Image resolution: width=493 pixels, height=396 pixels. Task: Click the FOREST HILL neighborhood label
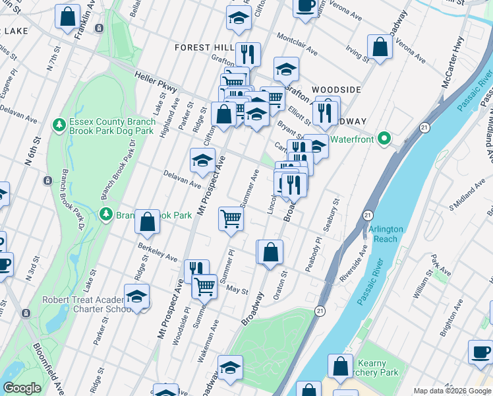pos(204,48)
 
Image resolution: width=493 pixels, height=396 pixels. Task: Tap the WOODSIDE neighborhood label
pos(336,89)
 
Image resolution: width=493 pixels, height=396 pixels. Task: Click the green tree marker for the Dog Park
pos(59,125)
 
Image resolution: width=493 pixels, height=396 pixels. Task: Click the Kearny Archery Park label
pos(378,368)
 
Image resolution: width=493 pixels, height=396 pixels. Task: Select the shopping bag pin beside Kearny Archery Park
pos(340,368)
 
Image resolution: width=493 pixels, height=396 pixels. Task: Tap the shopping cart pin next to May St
pos(204,286)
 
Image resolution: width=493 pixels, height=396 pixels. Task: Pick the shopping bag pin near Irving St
pos(380,47)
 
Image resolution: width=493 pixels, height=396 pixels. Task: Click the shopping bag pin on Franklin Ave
pos(67,17)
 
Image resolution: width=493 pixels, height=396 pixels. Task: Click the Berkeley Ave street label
pos(158,251)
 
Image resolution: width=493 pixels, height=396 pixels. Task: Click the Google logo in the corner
pos(22,388)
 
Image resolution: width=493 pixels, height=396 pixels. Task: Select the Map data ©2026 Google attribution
pos(451,391)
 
